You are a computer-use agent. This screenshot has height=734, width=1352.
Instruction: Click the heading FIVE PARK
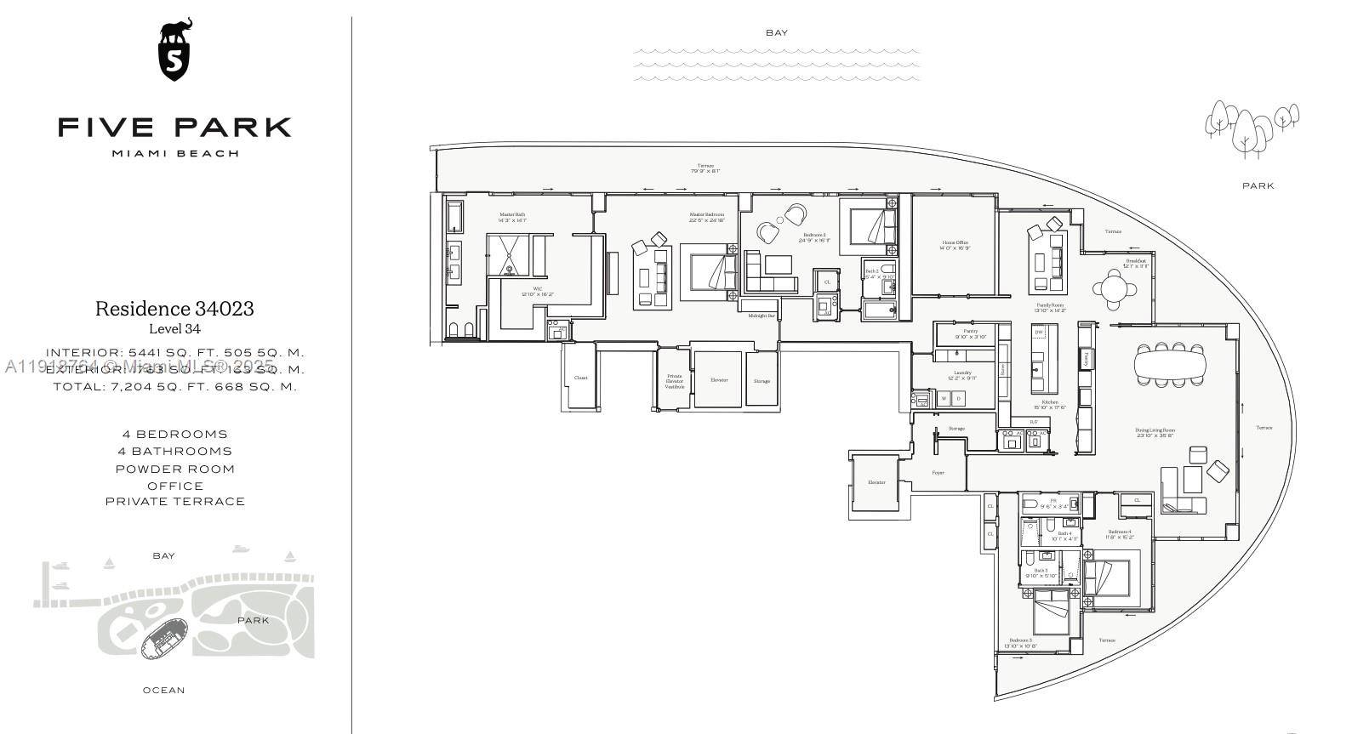click(x=175, y=128)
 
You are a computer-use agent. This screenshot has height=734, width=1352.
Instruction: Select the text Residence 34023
click(x=174, y=308)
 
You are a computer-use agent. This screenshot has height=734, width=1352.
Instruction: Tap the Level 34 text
click(x=174, y=329)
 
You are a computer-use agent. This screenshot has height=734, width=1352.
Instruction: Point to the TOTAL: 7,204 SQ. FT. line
click(x=174, y=386)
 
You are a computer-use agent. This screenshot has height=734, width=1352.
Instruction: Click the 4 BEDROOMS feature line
click(x=174, y=434)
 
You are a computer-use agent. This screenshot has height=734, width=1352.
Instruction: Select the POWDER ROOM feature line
click(x=174, y=469)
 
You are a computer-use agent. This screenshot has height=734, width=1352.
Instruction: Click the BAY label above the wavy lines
click(x=776, y=33)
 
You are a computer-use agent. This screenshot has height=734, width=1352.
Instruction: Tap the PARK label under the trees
click(x=1258, y=185)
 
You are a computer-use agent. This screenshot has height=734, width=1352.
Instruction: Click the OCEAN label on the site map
click(x=163, y=690)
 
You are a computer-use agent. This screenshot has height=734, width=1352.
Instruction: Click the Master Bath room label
click(x=512, y=214)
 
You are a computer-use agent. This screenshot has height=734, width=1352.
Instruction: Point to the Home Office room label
click(x=955, y=242)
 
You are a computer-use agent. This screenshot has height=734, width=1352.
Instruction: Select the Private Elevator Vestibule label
click(x=675, y=380)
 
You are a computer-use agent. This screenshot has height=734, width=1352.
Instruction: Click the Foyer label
click(x=938, y=472)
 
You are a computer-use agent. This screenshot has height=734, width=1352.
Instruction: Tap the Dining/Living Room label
click(x=1155, y=430)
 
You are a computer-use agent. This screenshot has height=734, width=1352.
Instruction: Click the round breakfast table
click(x=1115, y=288)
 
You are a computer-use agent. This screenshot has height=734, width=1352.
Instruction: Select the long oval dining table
click(x=1170, y=367)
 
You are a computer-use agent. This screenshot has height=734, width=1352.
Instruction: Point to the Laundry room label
click(x=962, y=373)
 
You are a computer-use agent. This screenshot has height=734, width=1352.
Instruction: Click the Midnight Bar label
click(x=761, y=316)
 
